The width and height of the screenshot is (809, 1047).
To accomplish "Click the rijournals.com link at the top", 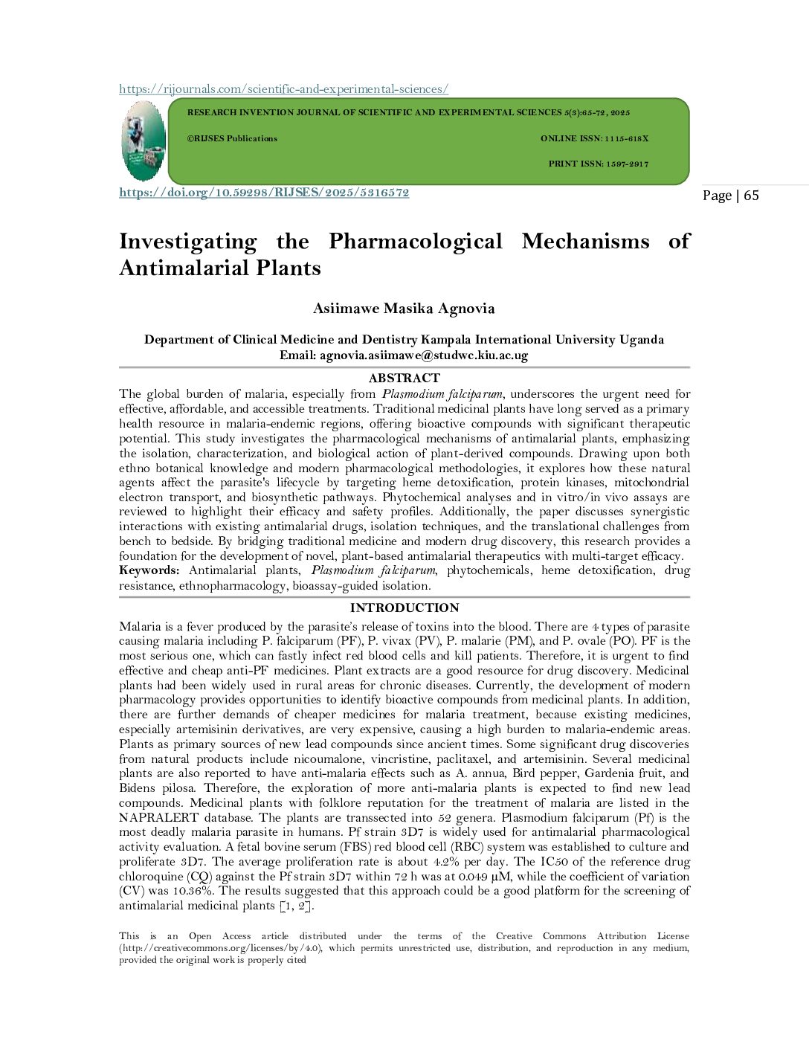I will (x=283, y=89).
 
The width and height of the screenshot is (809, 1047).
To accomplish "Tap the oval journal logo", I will (x=144, y=141).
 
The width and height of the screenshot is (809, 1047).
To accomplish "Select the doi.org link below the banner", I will (x=264, y=193).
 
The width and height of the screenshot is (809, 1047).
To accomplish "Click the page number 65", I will (x=751, y=196).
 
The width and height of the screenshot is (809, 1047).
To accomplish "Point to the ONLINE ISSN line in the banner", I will (x=594, y=138).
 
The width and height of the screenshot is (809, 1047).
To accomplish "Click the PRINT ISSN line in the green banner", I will (x=598, y=164).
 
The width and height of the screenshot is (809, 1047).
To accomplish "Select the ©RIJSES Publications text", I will (x=232, y=138).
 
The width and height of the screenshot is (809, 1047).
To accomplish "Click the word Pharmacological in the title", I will (x=416, y=242).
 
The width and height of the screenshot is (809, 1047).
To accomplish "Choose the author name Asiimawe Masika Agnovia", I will (x=404, y=309).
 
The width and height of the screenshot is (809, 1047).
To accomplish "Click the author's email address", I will (x=424, y=355).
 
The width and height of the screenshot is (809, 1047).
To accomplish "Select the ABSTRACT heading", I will (x=404, y=378).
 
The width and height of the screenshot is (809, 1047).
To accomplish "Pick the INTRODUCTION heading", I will (x=404, y=608).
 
